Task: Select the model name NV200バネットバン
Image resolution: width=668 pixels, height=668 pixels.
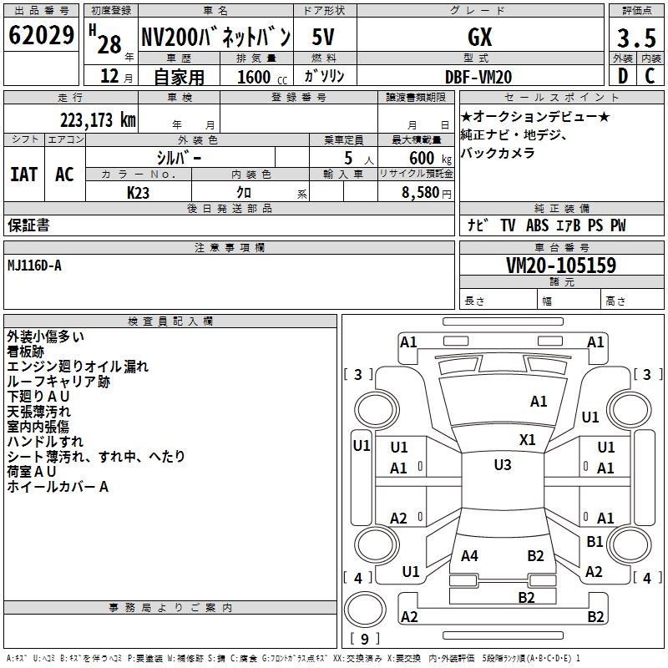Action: (x=215, y=36)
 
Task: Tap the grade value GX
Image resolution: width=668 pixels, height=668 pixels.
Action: (x=480, y=37)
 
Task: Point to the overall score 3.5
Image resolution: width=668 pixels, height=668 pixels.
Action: (x=635, y=38)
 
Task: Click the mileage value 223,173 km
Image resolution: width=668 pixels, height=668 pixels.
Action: (x=97, y=120)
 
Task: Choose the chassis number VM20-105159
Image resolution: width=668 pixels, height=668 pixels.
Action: (x=561, y=266)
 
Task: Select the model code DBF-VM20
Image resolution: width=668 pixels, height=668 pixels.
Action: (x=480, y=77)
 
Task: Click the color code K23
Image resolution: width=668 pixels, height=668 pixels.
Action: (x=139, y=192)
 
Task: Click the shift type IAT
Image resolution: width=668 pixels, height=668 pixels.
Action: (x=23, y=175)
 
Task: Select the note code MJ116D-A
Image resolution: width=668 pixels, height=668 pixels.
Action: (x=34, y=266)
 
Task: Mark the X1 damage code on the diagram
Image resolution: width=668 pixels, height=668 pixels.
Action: (x=528, y=439)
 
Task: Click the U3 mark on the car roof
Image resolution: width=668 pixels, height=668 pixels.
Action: (x=502, y=465)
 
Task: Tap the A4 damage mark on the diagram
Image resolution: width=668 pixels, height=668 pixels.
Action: (x=469, y=555)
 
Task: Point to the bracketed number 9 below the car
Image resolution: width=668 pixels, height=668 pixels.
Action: (x=364, y=639)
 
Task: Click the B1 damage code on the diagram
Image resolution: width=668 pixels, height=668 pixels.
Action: (x=595, y=542)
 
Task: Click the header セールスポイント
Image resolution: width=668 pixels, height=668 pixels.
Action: (x=540, y=98)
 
